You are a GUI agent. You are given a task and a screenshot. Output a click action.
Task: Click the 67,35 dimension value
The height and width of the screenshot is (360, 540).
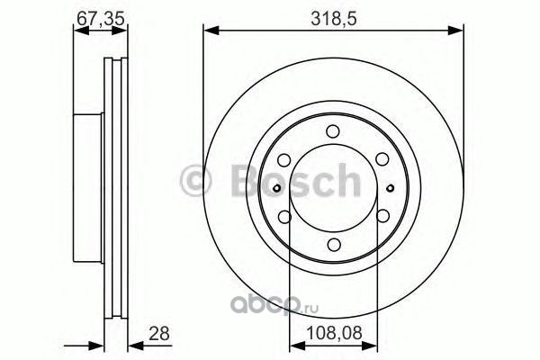[x=100, y=18]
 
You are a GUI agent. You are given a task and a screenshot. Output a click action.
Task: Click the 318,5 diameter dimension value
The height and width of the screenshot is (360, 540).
[x=333, y=18]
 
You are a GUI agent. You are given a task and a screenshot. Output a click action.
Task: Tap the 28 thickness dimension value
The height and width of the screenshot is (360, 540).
[x=159, y=334]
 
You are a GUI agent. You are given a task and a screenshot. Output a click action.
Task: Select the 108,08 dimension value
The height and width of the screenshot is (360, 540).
[x=334, y=333]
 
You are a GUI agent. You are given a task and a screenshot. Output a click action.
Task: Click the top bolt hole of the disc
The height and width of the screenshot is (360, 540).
[x=333, y=131]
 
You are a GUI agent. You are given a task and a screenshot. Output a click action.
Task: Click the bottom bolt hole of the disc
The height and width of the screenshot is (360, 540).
[x=334, y=244]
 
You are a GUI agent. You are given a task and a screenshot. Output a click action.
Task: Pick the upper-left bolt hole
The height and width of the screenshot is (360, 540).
[x=284, y=160]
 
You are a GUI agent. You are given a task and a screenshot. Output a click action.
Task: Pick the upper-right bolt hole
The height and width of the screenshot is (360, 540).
[x=382, y=159]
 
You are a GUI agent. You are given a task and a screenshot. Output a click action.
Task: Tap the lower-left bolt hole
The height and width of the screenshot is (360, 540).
[x=284, y=217]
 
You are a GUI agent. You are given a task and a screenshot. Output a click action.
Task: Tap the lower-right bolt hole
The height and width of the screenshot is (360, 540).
[x=382, y=216]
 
